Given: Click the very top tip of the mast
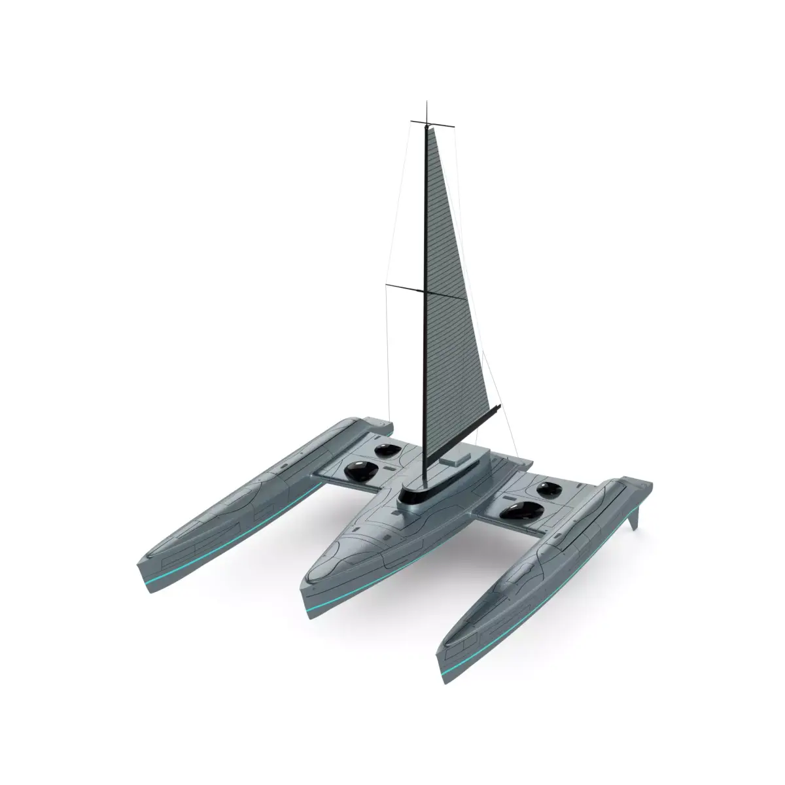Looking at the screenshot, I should tap(427, 103).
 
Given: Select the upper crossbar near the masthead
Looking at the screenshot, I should tap(426, 122).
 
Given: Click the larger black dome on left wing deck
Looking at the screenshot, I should tap(358, 470).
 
